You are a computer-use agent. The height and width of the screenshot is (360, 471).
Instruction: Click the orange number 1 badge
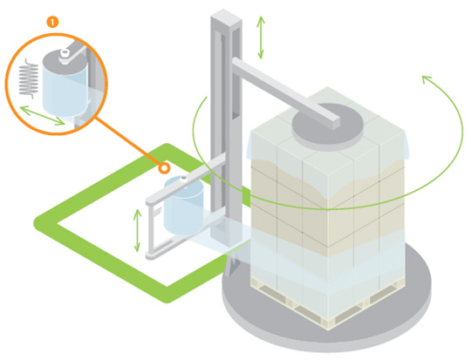click(52, 22)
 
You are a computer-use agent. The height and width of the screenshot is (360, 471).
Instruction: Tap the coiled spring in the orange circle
click(29, 78)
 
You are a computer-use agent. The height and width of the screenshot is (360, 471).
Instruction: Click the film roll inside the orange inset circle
click(65, 83)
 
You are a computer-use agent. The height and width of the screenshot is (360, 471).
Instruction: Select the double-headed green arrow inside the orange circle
click(42, 115)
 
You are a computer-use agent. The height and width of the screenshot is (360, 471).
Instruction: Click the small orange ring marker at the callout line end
click(164, 168)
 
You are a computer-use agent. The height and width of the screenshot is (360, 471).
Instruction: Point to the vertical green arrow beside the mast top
click(261, 37)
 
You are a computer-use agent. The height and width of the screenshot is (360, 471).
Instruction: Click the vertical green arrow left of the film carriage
click(137, 230)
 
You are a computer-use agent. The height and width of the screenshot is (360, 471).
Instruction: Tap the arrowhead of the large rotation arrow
click(427, 79)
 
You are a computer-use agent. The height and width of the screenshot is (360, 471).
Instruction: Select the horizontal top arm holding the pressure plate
click(285, 92)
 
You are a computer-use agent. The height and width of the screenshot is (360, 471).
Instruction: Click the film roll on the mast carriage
click(183, 206)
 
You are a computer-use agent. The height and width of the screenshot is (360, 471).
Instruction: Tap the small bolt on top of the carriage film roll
click(183, 179)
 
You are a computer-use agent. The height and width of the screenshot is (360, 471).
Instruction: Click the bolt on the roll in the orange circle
click(65, 53)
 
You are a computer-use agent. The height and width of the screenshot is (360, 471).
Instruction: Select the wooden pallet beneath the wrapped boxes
click(327, 303)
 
